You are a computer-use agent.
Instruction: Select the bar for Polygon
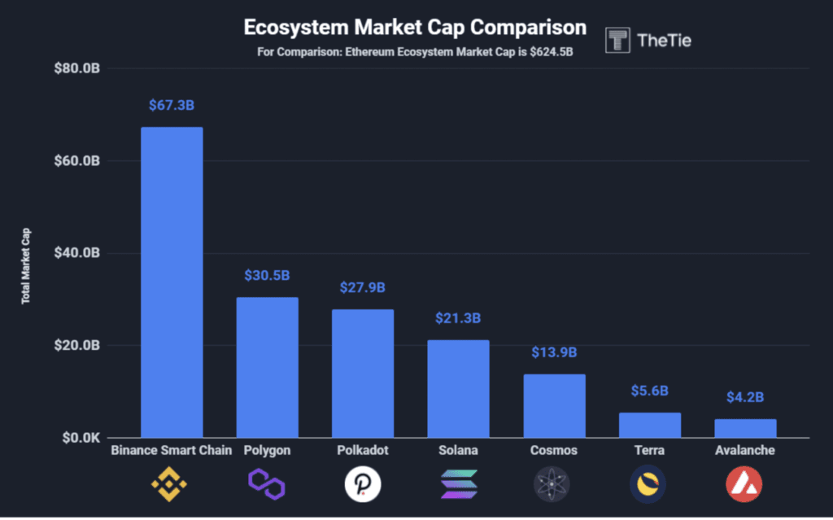click(267, 367)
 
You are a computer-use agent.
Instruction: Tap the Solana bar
click(458, 388)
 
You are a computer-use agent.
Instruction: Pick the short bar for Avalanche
click(745, 428)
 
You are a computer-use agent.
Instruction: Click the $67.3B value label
click(172, 106)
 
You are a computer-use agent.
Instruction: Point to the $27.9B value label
click(362, 287)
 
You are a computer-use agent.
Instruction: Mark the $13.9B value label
click(554, 352)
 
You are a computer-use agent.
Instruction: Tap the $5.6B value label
click(649, 391)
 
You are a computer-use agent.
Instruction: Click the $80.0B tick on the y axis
click(77, 68)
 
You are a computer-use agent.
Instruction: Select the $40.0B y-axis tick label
click(77, 253)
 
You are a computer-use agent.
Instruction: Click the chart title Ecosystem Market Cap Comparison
click(415, 27)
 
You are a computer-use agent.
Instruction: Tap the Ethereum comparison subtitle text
click(415, 53)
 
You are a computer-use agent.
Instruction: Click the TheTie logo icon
click(618, 40)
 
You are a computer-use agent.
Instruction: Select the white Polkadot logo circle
click(362, 485)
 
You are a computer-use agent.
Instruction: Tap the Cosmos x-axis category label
click(553, 450)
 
